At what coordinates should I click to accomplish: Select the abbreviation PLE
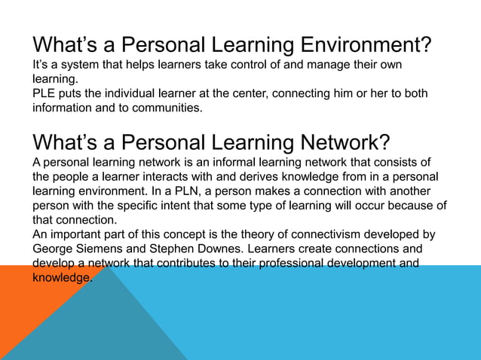coord(44,93)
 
